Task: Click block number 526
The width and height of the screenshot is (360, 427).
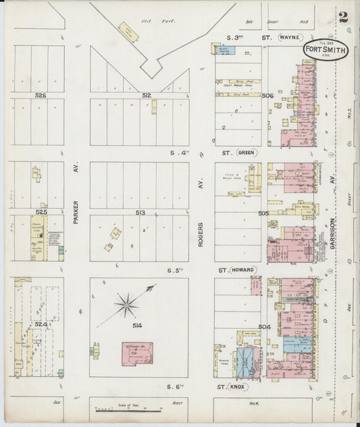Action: coord(41,96)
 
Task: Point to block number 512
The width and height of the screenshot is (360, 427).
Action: coord(146,96)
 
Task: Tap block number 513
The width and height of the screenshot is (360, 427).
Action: coord(139,213)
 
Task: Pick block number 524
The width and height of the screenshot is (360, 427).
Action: coord(41,325)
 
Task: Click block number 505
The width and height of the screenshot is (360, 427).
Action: coord(263,214)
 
